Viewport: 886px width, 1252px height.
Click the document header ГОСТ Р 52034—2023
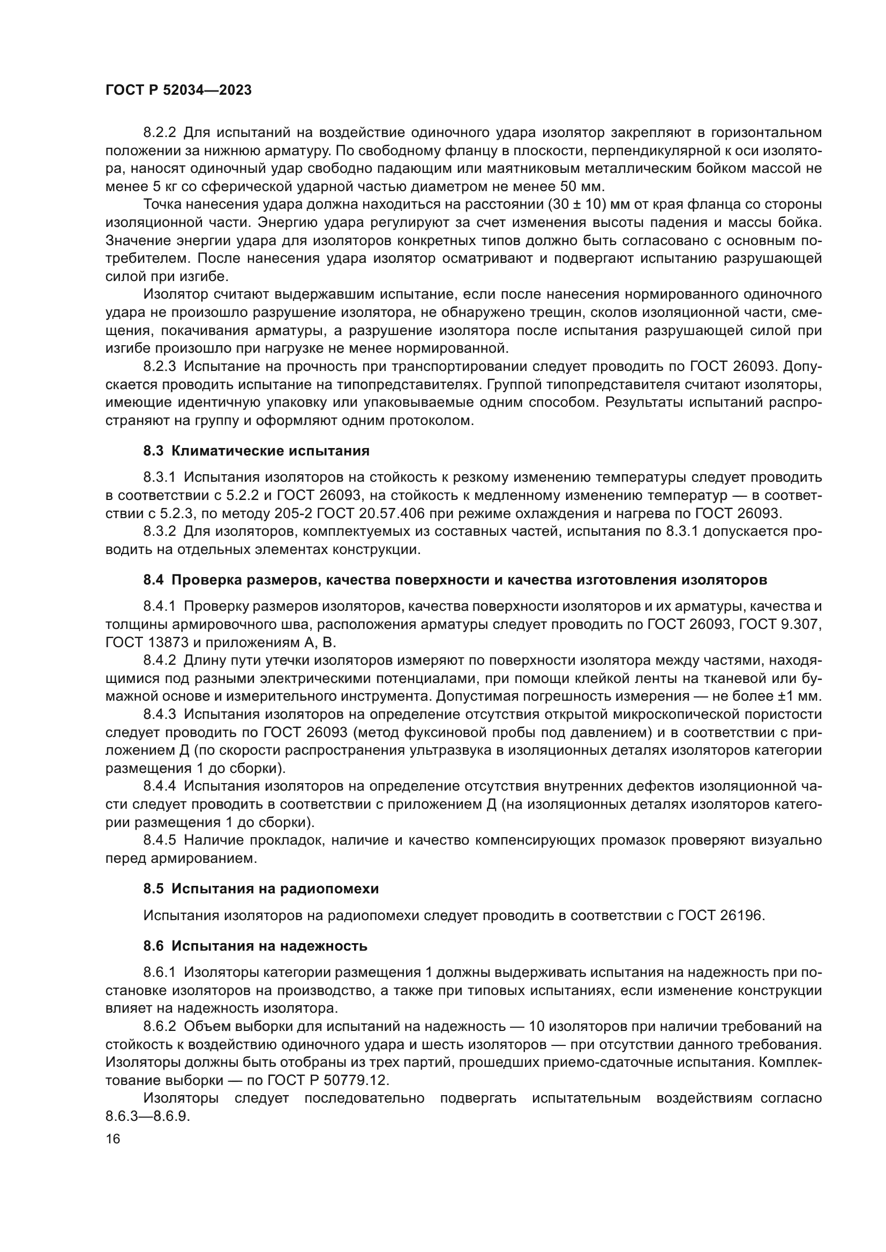178,90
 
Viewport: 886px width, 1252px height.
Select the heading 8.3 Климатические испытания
257,451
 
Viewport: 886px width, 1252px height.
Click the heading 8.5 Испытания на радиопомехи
261,889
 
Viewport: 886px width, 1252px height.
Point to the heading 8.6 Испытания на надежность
256,946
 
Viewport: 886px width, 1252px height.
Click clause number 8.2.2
160,133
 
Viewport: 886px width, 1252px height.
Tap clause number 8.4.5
160,840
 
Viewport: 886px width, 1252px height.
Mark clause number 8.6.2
160,1026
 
